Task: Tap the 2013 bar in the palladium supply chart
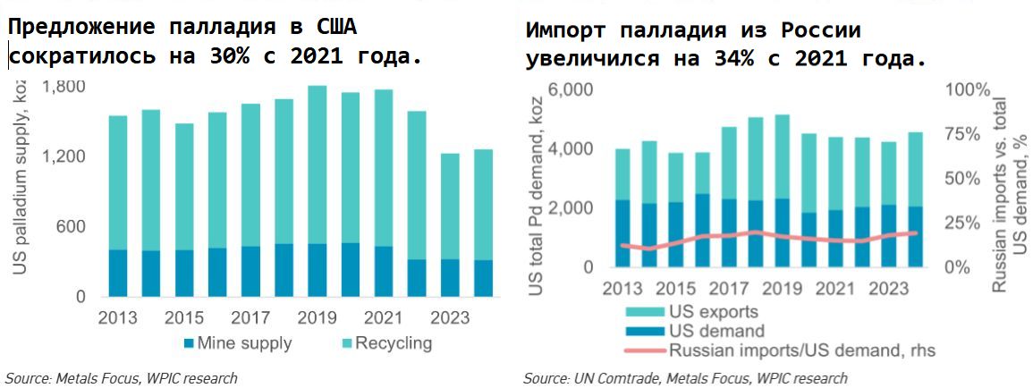tap(118, 206)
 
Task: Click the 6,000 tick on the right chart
tap(572, 91)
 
